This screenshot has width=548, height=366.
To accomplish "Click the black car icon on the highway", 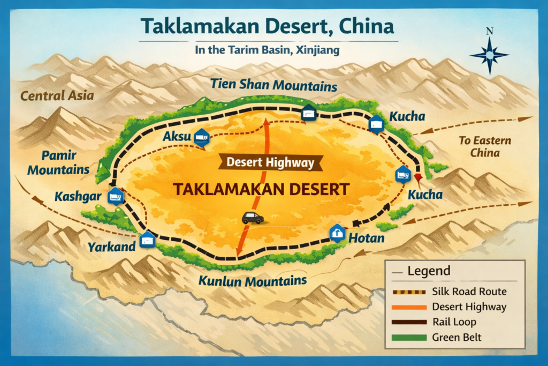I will point(253,218).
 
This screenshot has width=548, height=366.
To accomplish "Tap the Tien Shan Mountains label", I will point(273,85).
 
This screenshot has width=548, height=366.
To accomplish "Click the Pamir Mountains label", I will point(59,163).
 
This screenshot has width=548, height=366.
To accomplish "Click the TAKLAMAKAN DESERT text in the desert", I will point(261,189).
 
